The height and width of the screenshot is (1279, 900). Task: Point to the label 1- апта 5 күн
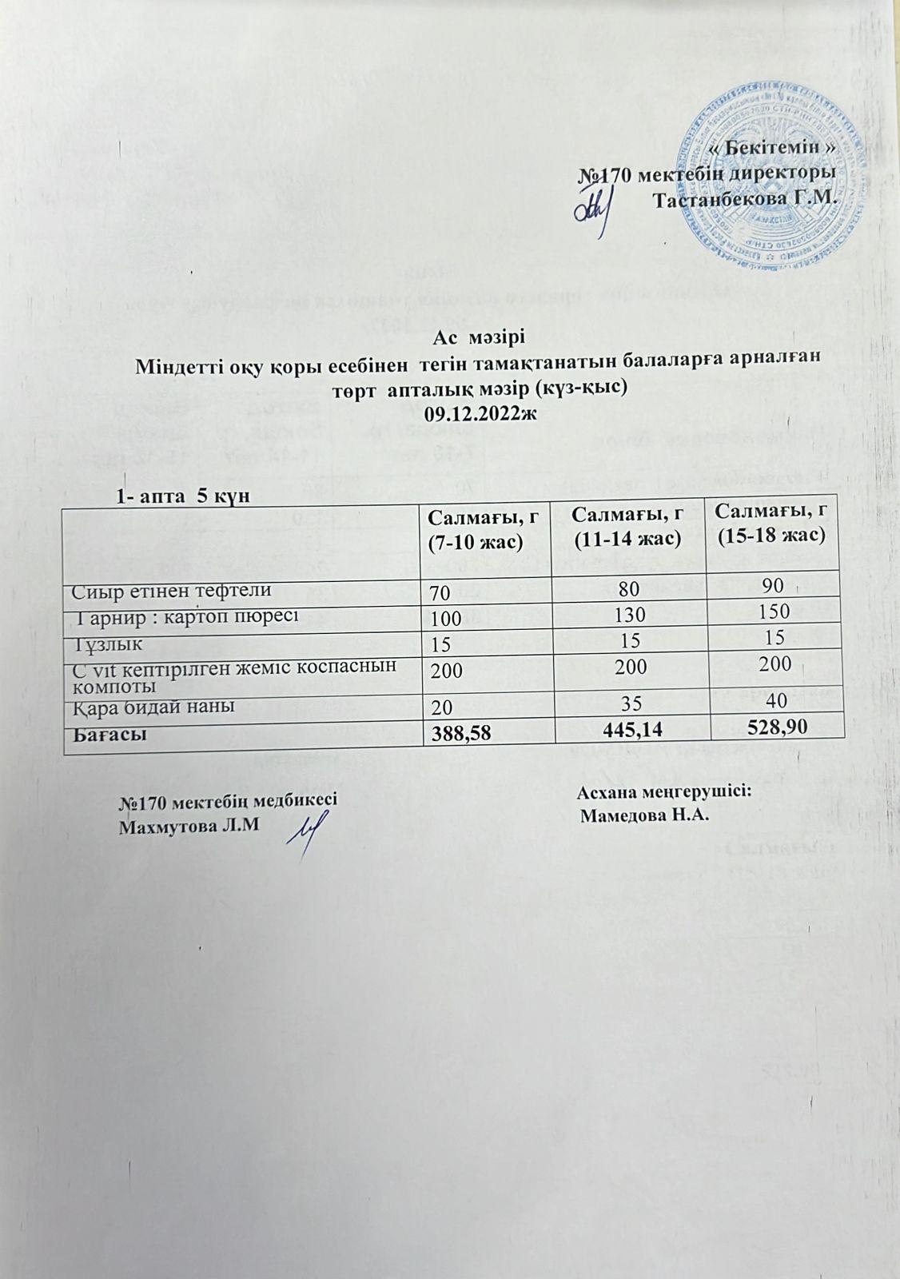click(x=183, y=496)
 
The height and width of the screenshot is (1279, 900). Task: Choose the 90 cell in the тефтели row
click(x=772, y=588)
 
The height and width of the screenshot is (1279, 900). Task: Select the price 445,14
click(x=627, y=729)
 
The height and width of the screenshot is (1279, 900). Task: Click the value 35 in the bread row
click(x=627, y=703)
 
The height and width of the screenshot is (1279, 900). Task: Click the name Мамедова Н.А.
click(x=646, y=817)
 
